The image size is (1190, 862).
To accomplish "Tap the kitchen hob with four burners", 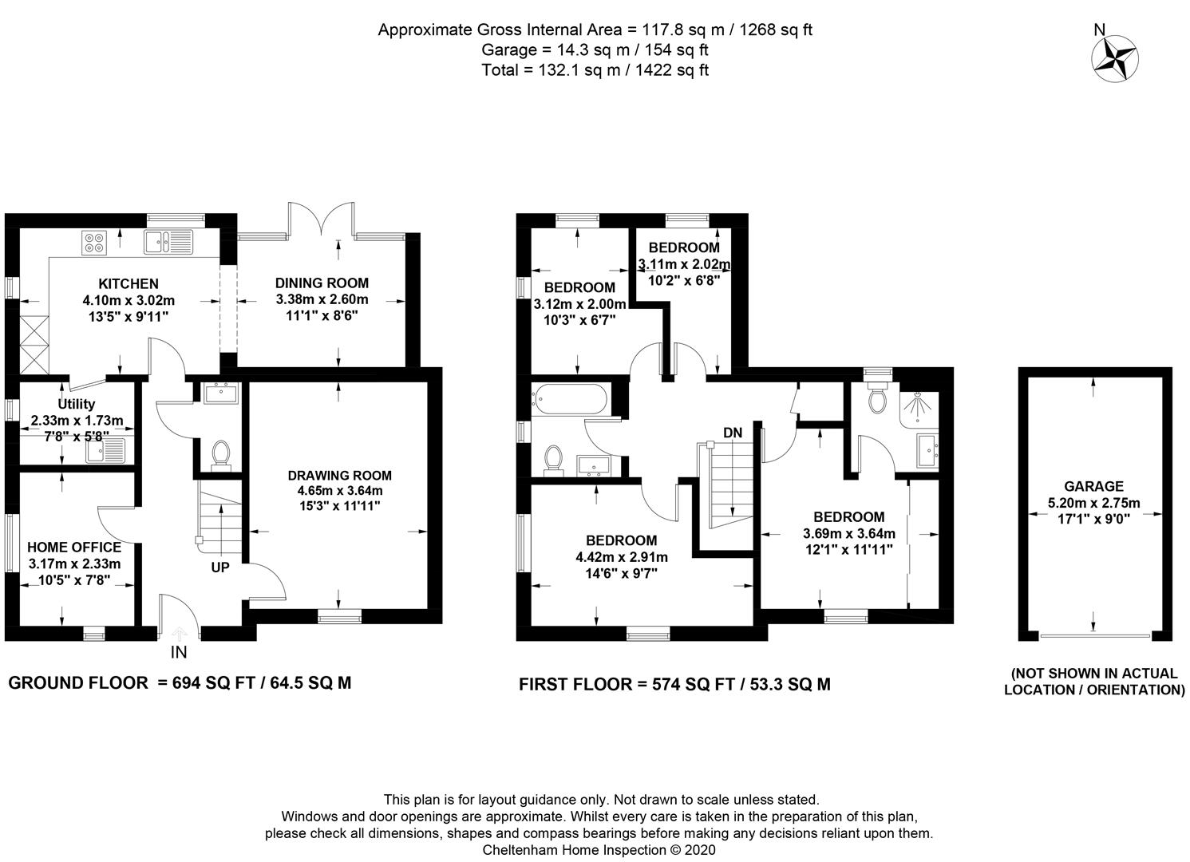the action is [x=94, y=242].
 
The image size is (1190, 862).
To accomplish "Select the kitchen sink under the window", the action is [x=168, y=242].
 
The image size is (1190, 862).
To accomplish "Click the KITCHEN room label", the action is [x=128, y=283].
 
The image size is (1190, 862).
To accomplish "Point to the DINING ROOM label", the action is [x=322, y=283].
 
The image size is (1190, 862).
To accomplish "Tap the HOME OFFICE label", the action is [x=74, y=547].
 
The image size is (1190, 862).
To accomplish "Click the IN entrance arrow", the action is [x=179, y=635].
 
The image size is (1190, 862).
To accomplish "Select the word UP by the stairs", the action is [x=220, y=567].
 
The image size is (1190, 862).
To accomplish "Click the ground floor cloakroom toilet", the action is [x=221, y=456].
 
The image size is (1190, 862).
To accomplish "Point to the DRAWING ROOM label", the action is [x=339, y=476].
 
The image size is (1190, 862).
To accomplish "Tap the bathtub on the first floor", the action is [x=570, y=399].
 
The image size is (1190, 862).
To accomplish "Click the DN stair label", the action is [x=733, y=433].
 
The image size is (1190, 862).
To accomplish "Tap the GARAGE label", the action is [x=1093, y=486].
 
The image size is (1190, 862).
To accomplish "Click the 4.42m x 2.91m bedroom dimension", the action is [x=622, y=557].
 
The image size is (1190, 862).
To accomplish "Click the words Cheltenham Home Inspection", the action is [x=575, y=850].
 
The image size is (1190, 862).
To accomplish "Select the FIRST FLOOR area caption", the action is [x=674, y=685].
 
